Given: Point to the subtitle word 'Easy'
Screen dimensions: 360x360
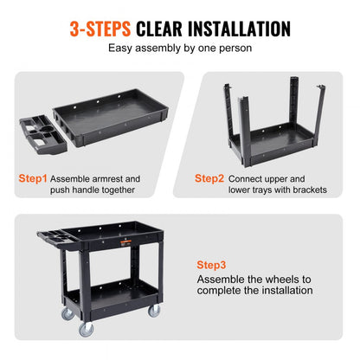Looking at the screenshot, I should pos(123,48).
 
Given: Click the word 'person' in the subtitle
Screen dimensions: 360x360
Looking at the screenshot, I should pos(233,48).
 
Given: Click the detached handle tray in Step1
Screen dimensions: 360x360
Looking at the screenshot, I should pos(42,138).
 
